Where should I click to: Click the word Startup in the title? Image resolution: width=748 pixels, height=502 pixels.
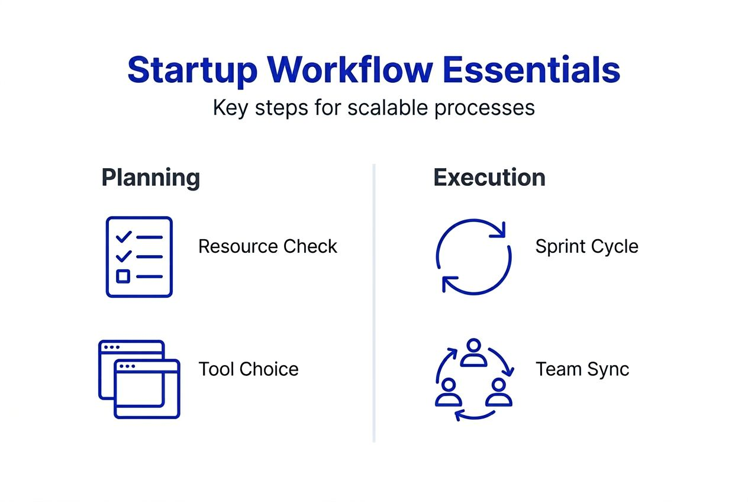click(192, 70)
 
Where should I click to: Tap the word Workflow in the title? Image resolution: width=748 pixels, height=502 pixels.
click(350, 70)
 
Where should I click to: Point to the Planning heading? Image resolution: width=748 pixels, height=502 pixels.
click(150, 178)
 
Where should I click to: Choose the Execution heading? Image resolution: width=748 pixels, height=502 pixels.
click(489, 178)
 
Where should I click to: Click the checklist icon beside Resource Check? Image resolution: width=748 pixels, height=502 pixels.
click(139, 256)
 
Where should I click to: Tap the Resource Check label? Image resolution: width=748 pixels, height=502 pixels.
click(267, 246)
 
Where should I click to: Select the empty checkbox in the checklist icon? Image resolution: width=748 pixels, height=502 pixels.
click(123, 276)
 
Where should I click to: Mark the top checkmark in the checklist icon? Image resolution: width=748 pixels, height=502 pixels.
click(124, 237)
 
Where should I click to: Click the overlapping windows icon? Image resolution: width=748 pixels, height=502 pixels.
click(139, 379)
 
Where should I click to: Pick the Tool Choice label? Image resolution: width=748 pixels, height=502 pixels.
click(249, 369)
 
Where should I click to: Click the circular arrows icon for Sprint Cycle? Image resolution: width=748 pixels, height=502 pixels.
click(473, 256)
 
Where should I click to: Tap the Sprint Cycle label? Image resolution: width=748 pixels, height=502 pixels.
click(586, 246)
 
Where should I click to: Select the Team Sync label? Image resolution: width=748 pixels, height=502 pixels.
click(582, 369)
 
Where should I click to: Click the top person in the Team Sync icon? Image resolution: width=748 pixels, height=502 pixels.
click(473, 353)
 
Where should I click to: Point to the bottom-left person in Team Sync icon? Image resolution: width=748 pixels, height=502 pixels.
click(448, 391)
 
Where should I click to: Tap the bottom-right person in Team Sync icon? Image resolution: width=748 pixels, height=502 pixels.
click(498, 391)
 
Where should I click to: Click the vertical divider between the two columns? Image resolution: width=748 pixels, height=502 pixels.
click(374, 302)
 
